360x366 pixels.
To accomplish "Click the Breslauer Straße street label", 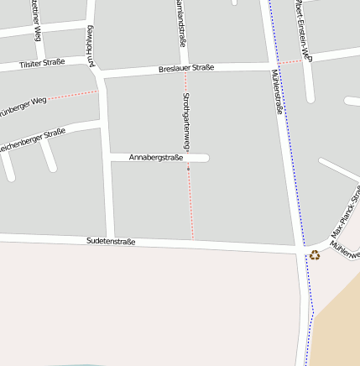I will click(x=186, y=68).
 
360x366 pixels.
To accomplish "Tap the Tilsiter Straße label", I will click(x=41, y=63).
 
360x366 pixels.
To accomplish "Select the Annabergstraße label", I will click(x=157, y=157).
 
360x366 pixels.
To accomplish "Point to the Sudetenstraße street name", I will click(x=111, y=241).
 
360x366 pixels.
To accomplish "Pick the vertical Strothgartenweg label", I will click(x=185, y=122).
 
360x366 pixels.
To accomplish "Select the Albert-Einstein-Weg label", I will click(x=303, y=30).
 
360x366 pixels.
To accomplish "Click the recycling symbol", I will click(x=315, y=254).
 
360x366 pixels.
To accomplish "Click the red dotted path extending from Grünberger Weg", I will click(x=73, y=96).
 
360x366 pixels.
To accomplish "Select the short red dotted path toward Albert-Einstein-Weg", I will click(x=290, y=61).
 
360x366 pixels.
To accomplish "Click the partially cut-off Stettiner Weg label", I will click(x=35, y=18).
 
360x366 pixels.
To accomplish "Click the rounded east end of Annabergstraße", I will click(x=205, y=157).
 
